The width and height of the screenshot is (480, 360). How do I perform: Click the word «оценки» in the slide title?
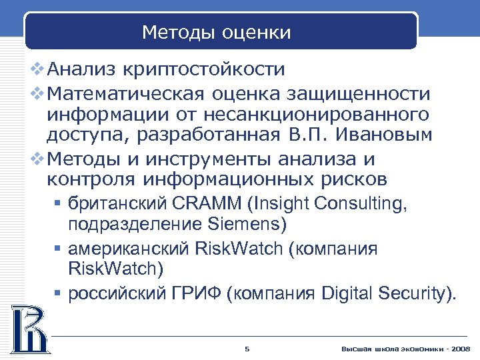[257, 33]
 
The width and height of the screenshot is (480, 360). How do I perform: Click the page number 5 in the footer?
[247, 349]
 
